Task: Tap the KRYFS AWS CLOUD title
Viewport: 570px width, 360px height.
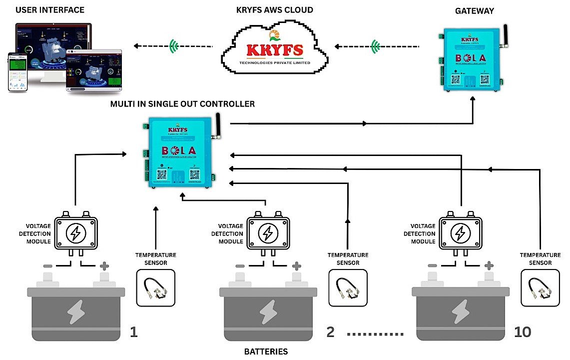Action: click(x=275, y=10)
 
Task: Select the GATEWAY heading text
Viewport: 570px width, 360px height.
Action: click(x=474, y=10)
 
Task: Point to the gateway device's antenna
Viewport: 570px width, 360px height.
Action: click(x=505, y=36)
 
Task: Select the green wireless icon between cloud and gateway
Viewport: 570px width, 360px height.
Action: click(x=375, y=46)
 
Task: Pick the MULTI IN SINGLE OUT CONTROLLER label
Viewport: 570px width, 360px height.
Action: click(x=182, y=104)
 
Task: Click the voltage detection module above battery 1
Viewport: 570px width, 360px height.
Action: click(x=75, y=232)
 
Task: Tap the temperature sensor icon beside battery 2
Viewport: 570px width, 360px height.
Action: click(x=347, y=287)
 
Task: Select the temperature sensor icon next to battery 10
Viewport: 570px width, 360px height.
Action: click(x=540, y=287)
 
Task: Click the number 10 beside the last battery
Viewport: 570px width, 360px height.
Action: click(x=522, y=331)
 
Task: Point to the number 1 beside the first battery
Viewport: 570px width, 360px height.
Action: click(x=133, y=331)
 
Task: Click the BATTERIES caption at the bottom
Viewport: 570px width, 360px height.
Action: click(x=266, y=351)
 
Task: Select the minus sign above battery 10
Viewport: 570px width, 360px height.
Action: click(x=433, y=265)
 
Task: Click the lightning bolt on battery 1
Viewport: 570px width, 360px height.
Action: click(x=76, y=311)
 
